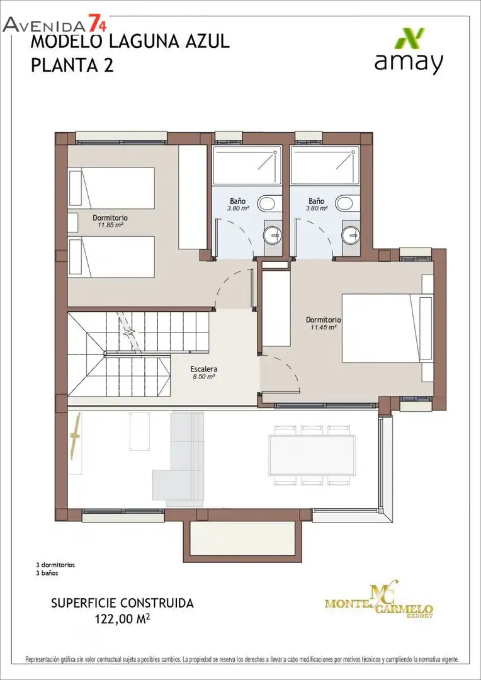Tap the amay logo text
(409, 62)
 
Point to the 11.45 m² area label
(324, 327)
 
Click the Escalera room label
(204, 370)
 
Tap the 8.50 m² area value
(204, 377)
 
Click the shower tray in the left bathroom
(247, 165)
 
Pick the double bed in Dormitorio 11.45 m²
(387, 328)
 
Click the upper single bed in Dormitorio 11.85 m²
(111, 188)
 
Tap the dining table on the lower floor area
(312, 455)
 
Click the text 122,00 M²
(122, 618)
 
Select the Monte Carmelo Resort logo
(379, 600)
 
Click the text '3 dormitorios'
(55, 565)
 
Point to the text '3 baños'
(47, 573)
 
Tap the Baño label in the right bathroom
(317, 201)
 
